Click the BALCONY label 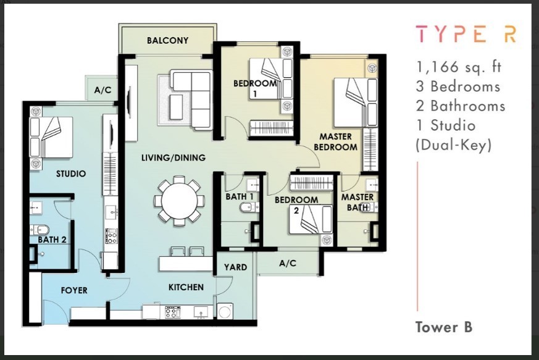click(168, 41)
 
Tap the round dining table click(179, 201)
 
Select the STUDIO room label click(71, 174)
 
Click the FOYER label click(74, 291)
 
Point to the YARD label click(235, 267)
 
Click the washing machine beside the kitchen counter click(225, 311)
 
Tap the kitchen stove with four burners click(173, 312)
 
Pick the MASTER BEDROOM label click(335, 142)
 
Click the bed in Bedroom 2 click(311, 219)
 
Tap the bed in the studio click(51, 138)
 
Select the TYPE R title click(466, 34)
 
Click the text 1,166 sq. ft click(459, 67)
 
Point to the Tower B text click(444, 327)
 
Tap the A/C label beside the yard click(288, 264)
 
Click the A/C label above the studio click(102, 90)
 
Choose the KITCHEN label click(186, 287)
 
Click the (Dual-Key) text click(454, 145)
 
